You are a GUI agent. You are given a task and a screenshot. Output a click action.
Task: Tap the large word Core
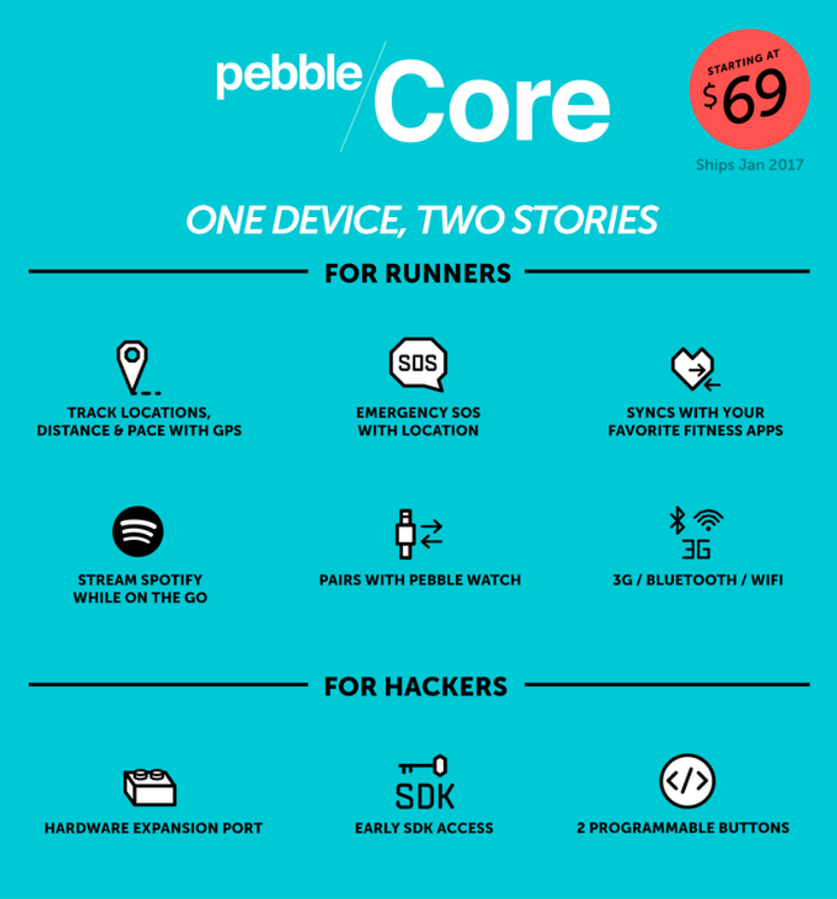(x=492, y=102)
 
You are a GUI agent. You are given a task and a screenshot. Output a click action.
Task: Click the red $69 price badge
(x=749, y=89)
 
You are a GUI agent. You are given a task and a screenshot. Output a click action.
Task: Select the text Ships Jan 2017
(x=749, y=165)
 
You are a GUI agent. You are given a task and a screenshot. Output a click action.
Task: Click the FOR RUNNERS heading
(x=418, y=273)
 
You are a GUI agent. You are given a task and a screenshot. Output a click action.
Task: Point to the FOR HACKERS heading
(x=416, y=686)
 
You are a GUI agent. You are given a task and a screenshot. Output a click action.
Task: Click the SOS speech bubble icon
(x=418, y=364)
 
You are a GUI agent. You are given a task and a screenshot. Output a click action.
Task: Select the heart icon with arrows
(x=695, y=368)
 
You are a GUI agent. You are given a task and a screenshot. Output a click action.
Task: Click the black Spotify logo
(x=138, y=532)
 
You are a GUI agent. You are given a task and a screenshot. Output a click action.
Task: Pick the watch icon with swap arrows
(x=418, y=534)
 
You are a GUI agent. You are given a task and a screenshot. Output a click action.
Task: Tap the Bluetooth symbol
(x=678, y=520)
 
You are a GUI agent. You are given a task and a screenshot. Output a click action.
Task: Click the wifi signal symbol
(x=709, y=520)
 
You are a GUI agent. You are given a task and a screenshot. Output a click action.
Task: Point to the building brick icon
(x=150, y=787)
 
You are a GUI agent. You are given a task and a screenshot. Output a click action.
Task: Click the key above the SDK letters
(x=423, y=766)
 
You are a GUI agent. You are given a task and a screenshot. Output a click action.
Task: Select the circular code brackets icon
(x=688, y=781)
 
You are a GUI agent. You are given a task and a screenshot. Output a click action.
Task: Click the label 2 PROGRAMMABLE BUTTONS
(x=683, y=828)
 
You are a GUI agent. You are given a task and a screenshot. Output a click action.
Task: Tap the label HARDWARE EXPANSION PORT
(x=154, y=828)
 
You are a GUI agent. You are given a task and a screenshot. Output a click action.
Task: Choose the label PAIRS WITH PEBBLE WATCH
(x=420, y=580)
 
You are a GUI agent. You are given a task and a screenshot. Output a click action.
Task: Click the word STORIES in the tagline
(x=585, y=220)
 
